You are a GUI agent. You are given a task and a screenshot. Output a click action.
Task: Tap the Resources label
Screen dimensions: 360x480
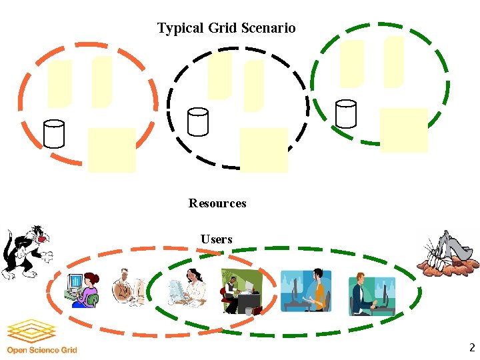pos(217,203)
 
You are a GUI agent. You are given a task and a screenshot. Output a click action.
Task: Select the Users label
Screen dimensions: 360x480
pos(217,239)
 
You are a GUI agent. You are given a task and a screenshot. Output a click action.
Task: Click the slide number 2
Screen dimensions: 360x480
pos(471,347)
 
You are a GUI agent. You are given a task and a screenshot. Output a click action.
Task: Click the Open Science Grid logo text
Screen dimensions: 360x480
pos(41,350)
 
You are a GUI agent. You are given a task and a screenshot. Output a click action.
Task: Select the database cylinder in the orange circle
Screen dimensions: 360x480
pos(53,133)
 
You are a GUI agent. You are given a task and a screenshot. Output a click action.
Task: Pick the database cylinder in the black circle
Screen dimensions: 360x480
pos(198,121)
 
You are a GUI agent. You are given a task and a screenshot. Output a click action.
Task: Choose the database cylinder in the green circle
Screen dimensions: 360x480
pos(346,113)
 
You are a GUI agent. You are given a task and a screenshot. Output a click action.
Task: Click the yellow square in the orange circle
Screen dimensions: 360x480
pos(111,150)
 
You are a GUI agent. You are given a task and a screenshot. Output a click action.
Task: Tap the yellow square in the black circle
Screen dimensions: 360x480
pos(263,150)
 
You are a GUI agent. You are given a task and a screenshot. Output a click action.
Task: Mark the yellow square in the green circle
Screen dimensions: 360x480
pos(403,130)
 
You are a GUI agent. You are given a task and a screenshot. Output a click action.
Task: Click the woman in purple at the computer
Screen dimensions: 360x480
pos(83,289)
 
